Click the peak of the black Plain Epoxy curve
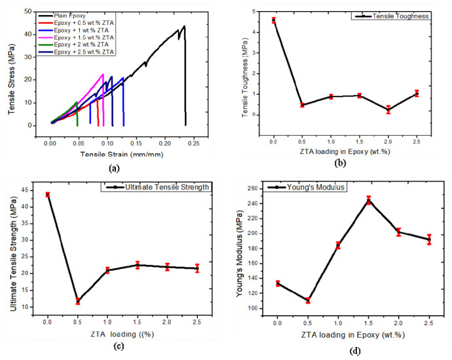point(184,26)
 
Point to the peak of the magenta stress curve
point(103,74)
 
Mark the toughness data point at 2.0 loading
point(388,110)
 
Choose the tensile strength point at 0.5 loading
point(78,301)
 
